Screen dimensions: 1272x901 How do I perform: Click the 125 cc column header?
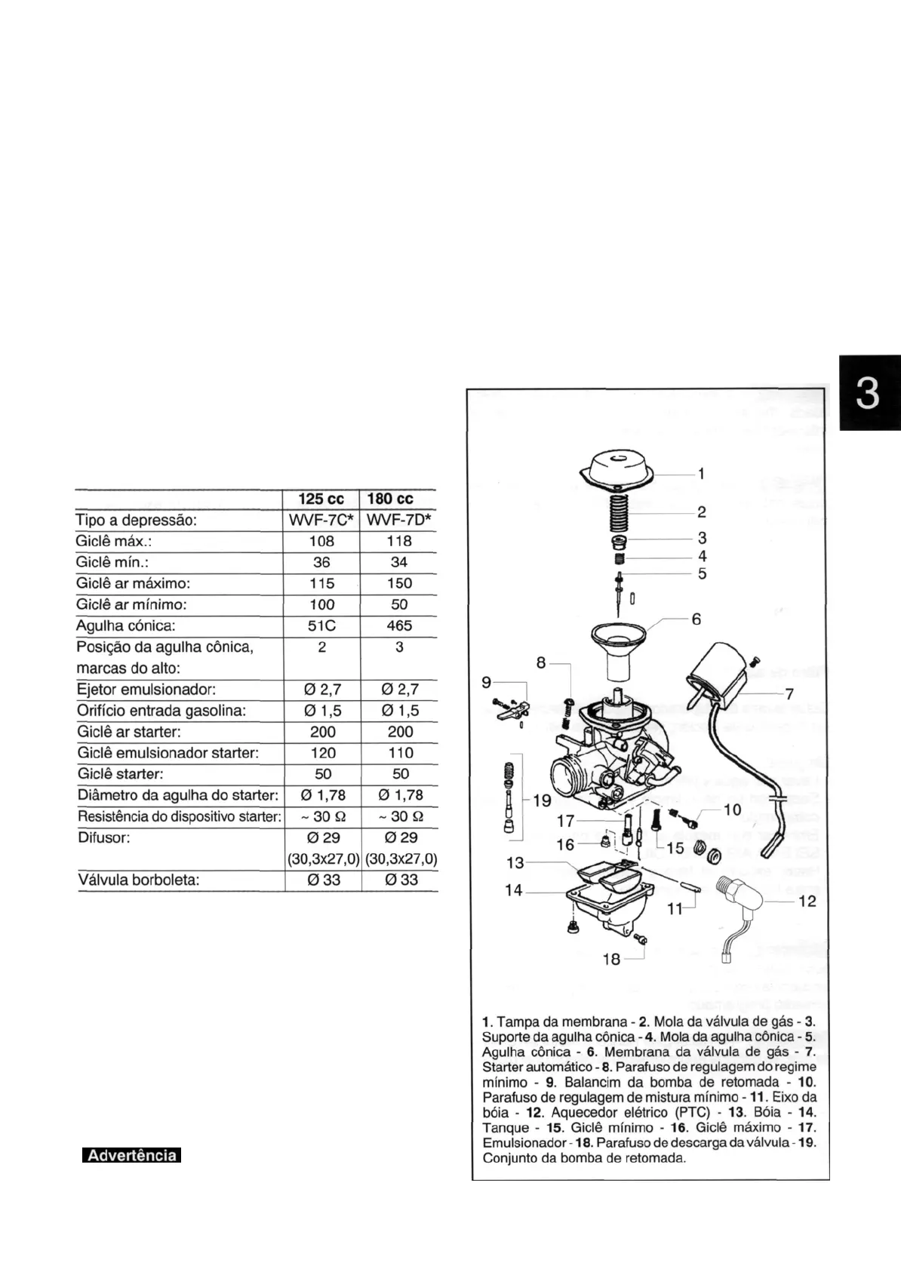point(321,499)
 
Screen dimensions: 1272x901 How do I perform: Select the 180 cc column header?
point(390,499)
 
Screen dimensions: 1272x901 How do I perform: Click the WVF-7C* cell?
point(321,521)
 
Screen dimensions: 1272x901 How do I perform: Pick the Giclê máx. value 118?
point(399,541)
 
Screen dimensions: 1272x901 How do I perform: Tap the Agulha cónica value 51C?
point(322,625)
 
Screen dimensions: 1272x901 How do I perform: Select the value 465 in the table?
point(399,625)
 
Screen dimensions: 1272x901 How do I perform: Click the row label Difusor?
point(105,837)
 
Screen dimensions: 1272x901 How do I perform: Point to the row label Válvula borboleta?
point(139,880)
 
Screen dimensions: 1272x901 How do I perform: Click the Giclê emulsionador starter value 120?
point(322,753)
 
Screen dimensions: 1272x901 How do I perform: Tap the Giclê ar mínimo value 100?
point(322,604)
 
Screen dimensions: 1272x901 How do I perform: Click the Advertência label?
point(132,1156)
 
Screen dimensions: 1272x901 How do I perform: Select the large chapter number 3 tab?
point(868,394)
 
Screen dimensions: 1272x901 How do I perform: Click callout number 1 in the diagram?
point(701,474)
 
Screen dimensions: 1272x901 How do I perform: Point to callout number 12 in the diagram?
point(807,901)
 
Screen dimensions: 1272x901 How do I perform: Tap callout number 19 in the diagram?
point(542,800)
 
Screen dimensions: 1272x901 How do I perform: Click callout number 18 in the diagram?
point(611,958)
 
